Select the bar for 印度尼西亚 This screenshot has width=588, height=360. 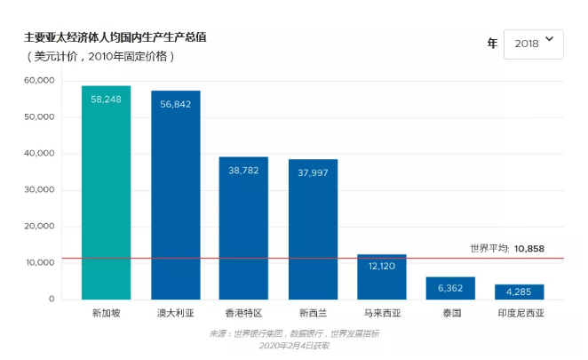click(519, 292)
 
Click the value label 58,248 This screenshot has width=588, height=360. click(106, 99)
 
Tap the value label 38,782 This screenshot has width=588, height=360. click(243, 170)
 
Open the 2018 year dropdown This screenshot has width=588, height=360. click(533, 42)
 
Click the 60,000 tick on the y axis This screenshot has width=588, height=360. click(40, 80)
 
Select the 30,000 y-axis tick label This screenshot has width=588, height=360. click(40, 190)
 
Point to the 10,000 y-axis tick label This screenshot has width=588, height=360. click(40, 263)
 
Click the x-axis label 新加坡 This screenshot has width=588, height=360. click(106, 314)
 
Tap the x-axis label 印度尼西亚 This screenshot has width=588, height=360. click(519, 314)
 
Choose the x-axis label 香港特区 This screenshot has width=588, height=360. click(243, 314)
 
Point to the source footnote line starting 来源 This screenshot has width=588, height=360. click(294, 334)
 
